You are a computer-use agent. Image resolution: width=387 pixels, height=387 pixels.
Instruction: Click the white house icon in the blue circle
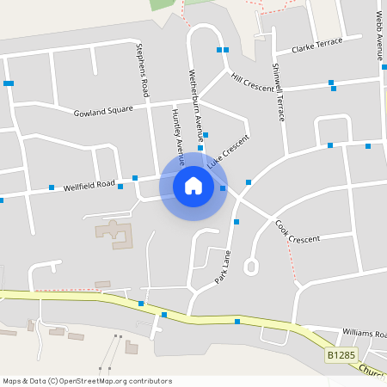tap(193, 185)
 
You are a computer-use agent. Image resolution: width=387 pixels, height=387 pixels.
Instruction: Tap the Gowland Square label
tap(103, 111)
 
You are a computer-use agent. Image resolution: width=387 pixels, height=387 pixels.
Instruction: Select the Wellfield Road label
tap(89, 184)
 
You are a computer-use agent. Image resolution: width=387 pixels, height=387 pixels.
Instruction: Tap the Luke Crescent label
tap(228, 151)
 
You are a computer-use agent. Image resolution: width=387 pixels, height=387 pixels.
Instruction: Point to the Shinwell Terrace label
tap(278, 91)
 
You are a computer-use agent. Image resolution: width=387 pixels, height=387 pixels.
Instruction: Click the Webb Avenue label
tap(379, 35)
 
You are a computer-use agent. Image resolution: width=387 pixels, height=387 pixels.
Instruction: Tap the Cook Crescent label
tap(298, 231)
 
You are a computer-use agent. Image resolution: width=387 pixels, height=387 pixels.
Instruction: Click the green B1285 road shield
tap(341, 354)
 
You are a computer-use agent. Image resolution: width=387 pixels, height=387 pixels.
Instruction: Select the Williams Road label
tap(365, 334)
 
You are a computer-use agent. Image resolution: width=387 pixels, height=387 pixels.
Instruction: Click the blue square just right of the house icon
tap(223, 187)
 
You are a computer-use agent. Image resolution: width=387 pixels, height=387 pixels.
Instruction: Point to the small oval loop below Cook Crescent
tap(251, 267)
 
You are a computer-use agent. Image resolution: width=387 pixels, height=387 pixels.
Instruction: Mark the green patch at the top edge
tap(163, 4)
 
